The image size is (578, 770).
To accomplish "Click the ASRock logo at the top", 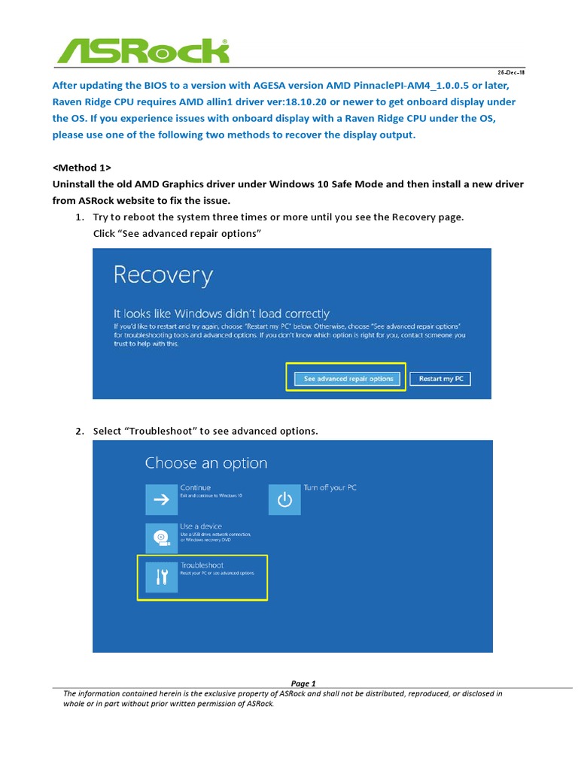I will pos(143,51).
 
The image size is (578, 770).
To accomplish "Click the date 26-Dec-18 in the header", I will pos(512,73).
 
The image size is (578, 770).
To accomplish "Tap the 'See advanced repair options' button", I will pos(348,379).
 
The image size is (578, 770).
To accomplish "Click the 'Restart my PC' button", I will pos(441,379).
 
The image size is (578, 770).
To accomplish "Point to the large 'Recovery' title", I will pos(163,275).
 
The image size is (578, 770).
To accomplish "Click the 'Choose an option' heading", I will pos(205,463).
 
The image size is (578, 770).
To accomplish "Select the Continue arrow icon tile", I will pos(161,499).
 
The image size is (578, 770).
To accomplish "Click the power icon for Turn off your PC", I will pos(284,499).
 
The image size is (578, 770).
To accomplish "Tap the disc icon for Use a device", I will pos(161,538).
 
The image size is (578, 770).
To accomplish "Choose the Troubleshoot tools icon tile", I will pos(161,577).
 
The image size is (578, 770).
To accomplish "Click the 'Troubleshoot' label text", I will pos(202,565).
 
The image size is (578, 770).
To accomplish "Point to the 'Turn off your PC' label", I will pos(330,487).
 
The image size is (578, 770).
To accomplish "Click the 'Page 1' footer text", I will pos(303,683).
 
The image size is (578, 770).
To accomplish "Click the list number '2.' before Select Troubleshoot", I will pos(79,431).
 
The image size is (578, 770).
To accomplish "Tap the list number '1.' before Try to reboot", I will pos(79,217).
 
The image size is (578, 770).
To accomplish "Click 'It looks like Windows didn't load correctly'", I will pos(221,313).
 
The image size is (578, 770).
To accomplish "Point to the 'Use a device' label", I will pos(201,526).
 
